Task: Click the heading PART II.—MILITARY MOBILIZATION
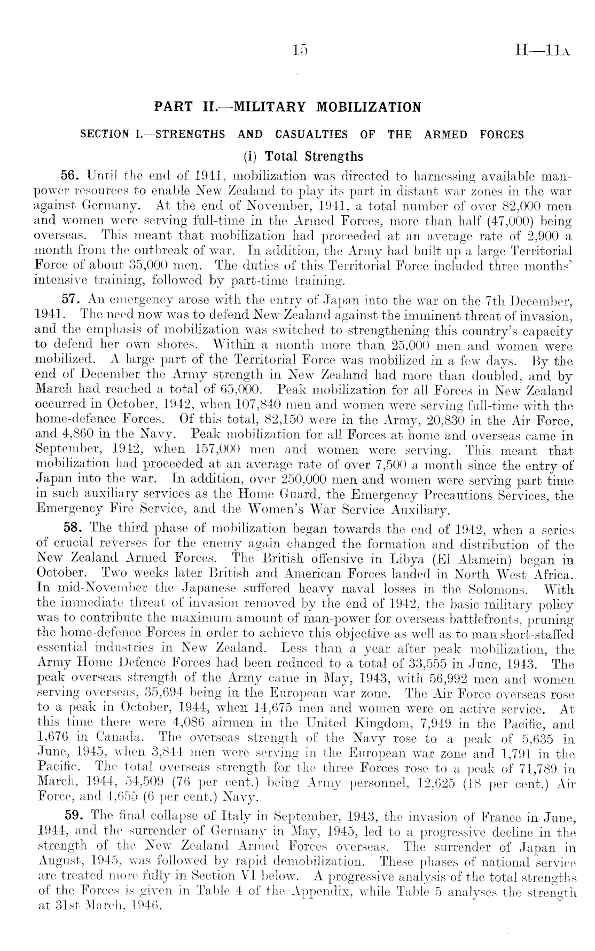click(x=287, y=107)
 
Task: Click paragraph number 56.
click(x=73, y=176)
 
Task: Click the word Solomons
click(x=498, y=590)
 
